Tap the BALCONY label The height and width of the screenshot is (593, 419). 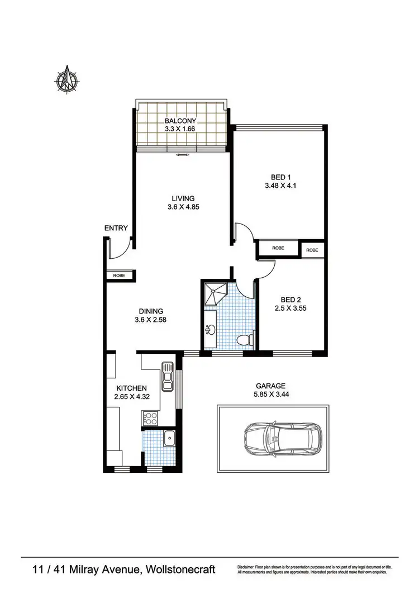pos(180,121)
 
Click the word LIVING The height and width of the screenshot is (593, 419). pos(183,198)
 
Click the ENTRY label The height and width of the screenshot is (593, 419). pos(116,228)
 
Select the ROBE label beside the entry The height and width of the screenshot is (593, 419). pos(119,276)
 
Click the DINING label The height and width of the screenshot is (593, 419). pos(151,311)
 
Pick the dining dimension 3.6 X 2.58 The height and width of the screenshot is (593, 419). pos(151,320)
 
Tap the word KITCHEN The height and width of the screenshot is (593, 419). pos(131,388)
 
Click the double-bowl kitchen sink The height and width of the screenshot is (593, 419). pos(167,380)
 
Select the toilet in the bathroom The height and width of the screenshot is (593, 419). pos(244,339)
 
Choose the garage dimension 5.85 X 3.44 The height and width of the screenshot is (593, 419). pos(271,395)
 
